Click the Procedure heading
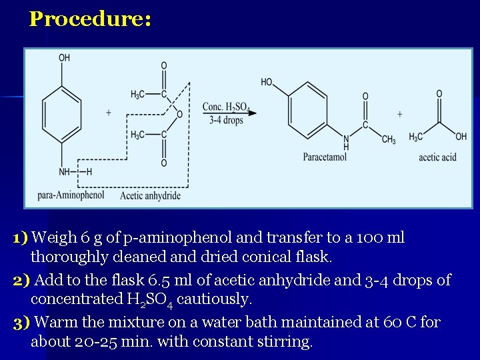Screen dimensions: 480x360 pyautogui.click(x=90, y=19)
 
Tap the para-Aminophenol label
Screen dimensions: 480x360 pyautogui.click(x=71, y=195)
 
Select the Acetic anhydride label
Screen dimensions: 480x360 pyautogui.click(x=150, y=195)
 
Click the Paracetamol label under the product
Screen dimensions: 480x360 pyautogui.click(x=325, y=157)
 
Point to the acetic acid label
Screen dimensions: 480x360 pyautogui.click(x=437, y=157)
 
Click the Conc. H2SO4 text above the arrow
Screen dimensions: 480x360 pyautogui.click(x=225, y=107)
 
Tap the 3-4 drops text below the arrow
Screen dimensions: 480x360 pyautogui.click(x=225, y=121)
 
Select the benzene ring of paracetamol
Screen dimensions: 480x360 pyautogui.click(x=311, y=108)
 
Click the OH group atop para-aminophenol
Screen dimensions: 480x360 pyautogui.click(x=64, y=58)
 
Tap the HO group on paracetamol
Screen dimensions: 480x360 pyautogui.click(x=267, y=82)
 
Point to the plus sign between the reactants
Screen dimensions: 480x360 pyautogui.click(x=109, y=113)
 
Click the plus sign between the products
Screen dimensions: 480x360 pyautogui.click(x=399, y=114)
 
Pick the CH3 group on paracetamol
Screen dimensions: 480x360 pyautogui.click(x=389, y=139)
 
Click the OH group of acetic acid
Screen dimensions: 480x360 pyautogui.click(x=461, y=137)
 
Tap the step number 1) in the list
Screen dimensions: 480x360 pyautogui.click(x=20, y=238)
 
